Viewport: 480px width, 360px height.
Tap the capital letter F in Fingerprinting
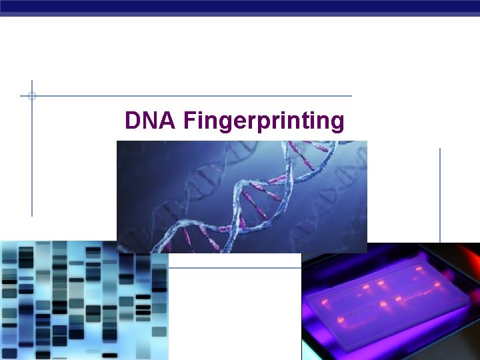189,121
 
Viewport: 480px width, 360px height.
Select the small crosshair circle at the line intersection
31,96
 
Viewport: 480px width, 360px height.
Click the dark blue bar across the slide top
240,7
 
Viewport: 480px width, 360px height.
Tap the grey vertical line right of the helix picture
440,193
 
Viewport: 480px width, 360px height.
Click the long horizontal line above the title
200,96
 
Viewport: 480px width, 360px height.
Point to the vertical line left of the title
31,160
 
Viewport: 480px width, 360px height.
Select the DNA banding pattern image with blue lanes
83,300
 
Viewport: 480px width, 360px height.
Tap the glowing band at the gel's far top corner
419,269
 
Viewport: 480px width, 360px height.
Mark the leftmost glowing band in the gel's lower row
340,321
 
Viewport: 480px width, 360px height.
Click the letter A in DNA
167,121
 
